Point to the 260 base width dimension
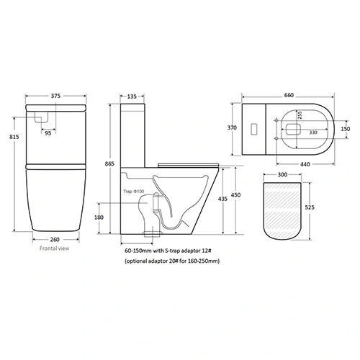click(56, 241)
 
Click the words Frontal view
click(55, 252)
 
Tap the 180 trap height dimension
click(118, 217)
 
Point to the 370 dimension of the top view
click(233, 127)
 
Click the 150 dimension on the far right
click(346, 127)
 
